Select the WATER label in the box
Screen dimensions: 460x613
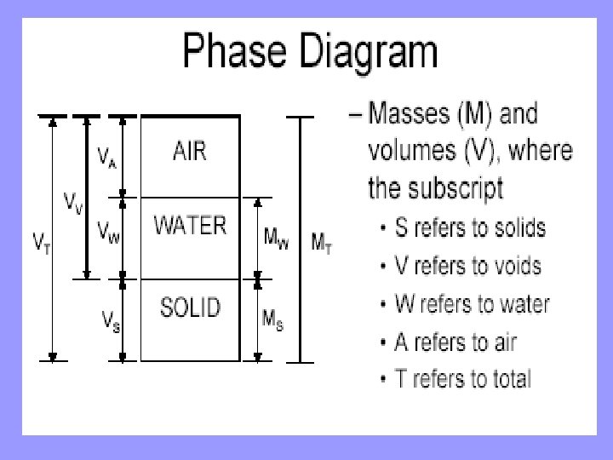click(x=190, y=226)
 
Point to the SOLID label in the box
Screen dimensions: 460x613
click(x=191, y=307)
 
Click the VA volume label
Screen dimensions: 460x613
click(x=106, y=158)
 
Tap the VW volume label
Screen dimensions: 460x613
click(x=107, y=231)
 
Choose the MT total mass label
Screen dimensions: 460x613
click(x=319, y=245)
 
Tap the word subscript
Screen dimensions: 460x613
click(x=461, y=187)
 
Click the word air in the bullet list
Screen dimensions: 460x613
click(x=500, y=342)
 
